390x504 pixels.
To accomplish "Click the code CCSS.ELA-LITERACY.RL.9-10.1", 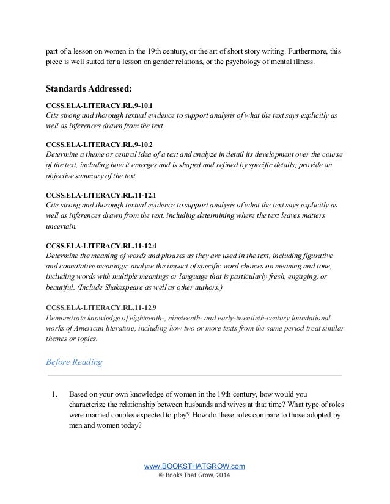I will pos(93,103).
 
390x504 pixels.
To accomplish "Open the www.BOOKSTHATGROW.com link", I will pos(194,466).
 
